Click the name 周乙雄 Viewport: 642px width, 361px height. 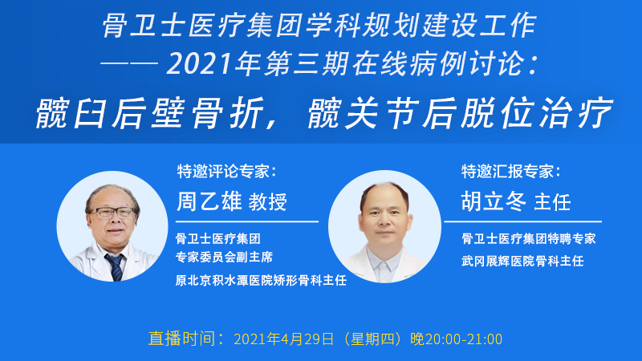point(209,201)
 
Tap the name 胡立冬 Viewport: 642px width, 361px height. point(494,201)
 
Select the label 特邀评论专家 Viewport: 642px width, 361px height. point(223,172)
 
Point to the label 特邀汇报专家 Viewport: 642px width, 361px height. point(507,172)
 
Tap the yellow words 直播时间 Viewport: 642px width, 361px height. point(182,339)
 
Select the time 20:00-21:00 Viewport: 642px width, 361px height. point(464,339)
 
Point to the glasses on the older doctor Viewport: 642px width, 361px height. point(111,213)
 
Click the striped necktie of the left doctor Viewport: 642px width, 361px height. point(115,267)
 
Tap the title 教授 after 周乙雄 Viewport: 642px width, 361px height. point(268,202)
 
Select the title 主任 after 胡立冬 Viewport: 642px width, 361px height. point(553,202)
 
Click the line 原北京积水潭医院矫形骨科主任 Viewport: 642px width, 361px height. point(262,280)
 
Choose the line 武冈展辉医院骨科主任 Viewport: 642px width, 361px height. point(522,262)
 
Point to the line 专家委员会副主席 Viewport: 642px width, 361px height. point(225,257)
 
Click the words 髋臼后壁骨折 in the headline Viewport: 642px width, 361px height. point(150,113)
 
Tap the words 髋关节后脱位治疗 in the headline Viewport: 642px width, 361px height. point(460,113)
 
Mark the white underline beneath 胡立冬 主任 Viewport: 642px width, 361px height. point(523,221)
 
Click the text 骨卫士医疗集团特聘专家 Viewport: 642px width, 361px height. point(529,238)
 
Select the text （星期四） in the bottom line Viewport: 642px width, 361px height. point(372,339)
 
